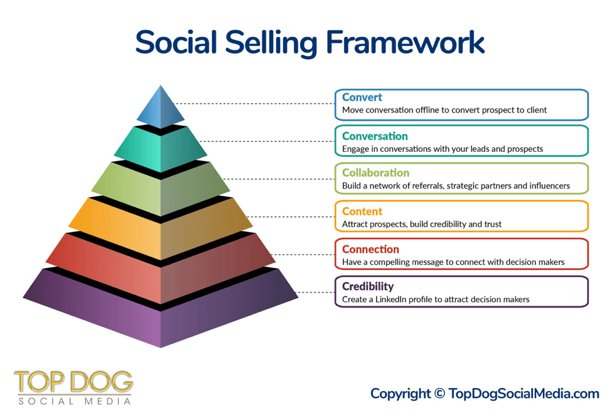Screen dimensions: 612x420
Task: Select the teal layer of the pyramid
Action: tap(161, 148)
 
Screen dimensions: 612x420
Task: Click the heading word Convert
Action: tap(362, 97)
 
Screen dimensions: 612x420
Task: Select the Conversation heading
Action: tap(375, 136)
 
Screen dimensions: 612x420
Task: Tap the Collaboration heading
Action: tap(375, 173)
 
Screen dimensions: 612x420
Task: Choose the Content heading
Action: tap(362, 211)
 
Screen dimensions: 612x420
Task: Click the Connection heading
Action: tap(370, 249)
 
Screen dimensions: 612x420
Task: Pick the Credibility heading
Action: tap(368, 286)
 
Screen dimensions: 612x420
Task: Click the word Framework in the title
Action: tap(405, 42)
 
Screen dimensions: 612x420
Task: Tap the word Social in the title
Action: tap(176, 42)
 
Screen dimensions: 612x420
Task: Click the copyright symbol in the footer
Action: tap(439, 394)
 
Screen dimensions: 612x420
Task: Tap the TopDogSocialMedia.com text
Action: tap(523, 394)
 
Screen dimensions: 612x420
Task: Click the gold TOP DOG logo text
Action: tap(73, 382)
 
